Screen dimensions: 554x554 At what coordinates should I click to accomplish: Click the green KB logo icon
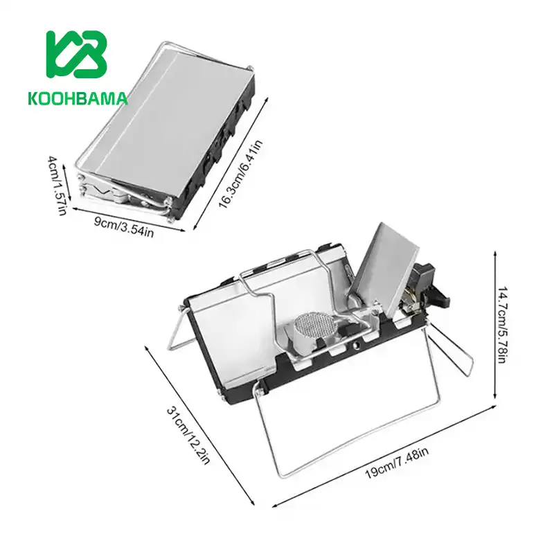point(76,55)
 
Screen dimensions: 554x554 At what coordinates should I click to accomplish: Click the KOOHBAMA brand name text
point(78,99)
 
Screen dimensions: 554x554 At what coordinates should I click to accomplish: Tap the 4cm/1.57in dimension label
point(57,185)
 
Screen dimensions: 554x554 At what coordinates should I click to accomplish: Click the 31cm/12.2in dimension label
point(188,436)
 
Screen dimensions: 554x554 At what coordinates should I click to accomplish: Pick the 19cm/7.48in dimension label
point(397,463)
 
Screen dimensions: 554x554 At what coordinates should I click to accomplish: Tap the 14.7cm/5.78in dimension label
point(503,325)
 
